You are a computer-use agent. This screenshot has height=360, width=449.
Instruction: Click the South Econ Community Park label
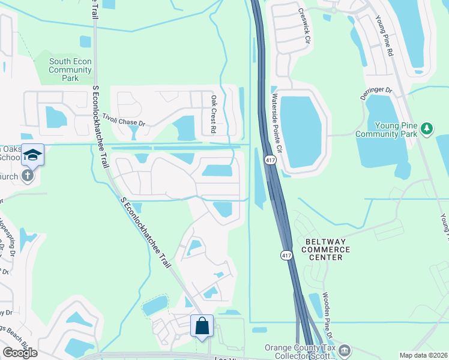pos(70,70)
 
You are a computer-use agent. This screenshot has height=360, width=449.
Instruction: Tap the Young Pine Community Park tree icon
pos(427,128)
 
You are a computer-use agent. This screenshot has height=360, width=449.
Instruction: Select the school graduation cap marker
pos(33,156)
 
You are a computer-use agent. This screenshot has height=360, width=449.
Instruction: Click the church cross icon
pos(28,176)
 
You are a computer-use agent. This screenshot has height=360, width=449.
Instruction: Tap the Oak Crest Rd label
pos(213,113)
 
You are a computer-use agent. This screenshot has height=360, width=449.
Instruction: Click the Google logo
pos(20,353)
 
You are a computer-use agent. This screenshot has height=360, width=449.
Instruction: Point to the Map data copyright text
pos(423,355)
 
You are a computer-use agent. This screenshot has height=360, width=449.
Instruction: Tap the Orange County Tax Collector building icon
pos(345,350)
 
